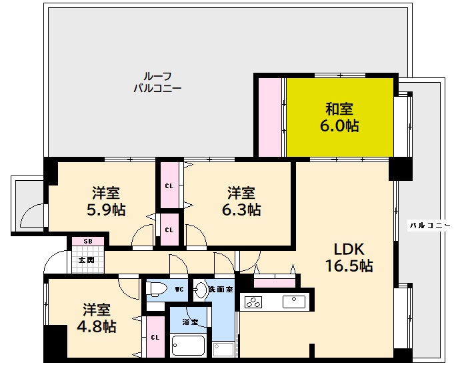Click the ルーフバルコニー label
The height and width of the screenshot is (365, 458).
[157, 81]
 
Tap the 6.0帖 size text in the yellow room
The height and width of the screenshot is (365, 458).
[339, 125]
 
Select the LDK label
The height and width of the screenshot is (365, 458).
[349, 249]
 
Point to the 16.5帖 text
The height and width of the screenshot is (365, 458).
[349, 266]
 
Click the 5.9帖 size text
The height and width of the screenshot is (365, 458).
[106, 210]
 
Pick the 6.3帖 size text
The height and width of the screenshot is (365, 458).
[241, 210]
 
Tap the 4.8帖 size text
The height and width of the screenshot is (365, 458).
[97, 326]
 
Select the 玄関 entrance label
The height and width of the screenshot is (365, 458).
[86, 260]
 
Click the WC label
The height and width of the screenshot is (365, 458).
[179, 290]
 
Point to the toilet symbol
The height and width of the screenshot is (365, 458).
[156, 289]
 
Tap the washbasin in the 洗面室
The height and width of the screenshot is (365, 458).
[201, 290]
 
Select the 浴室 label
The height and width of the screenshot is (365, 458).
[190, 322]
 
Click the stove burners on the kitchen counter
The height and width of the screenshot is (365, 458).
[255, 302]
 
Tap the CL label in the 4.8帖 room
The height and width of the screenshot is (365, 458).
[155, 338]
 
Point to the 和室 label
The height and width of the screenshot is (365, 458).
[339, 108]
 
